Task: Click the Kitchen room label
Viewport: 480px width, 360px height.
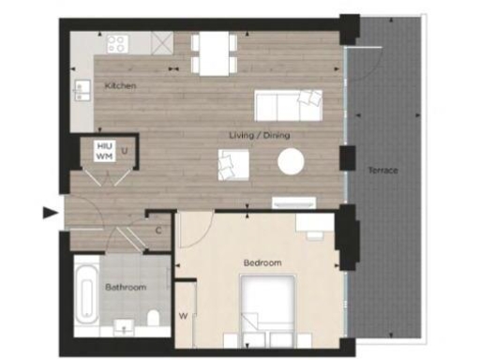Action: point(121,86)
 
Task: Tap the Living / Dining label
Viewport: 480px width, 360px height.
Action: point(260,135)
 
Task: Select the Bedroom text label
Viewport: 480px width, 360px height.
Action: point(262,263)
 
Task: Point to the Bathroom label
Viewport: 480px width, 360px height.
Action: point(125,287)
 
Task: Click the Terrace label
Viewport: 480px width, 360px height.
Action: point(382,171)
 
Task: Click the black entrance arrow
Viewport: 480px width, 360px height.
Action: point(52,214)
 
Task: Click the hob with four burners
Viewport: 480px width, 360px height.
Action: point(118,43)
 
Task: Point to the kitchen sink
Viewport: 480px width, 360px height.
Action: point(79,92)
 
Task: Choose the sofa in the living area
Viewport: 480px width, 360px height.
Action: point(288,105)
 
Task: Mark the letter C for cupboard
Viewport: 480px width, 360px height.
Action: point(158,228)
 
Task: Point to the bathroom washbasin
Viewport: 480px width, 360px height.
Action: point(125,328)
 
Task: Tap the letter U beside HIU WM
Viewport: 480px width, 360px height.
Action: point(124,151)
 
